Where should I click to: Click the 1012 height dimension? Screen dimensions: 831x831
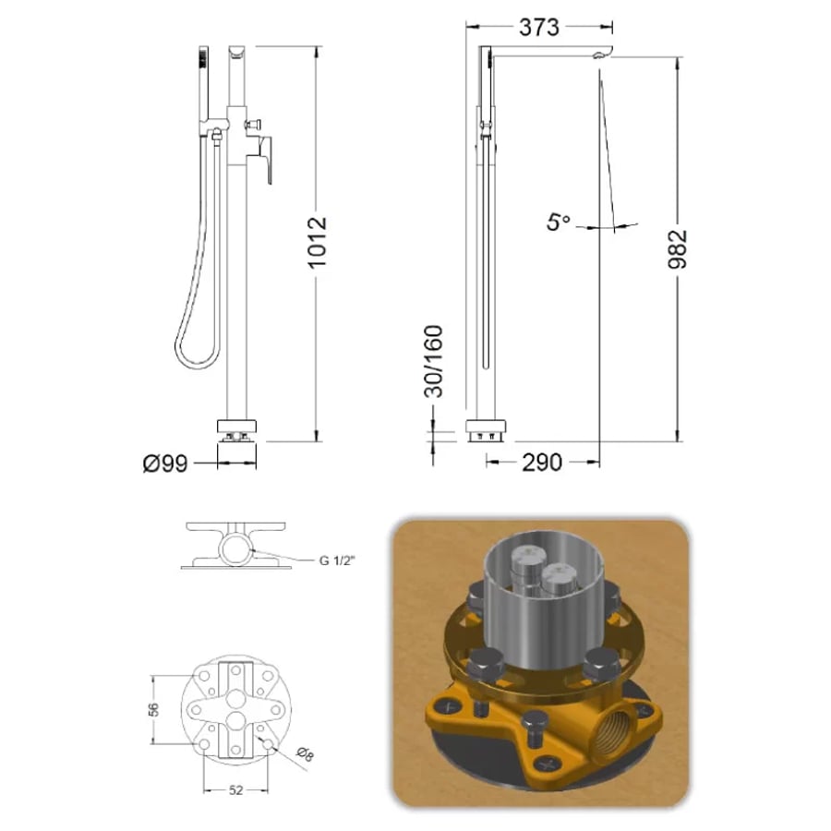click(x=318, y=242)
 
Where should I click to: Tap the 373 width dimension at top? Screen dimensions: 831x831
click(x=539, y=27)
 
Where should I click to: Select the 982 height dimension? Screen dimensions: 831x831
click(x=678, y=249)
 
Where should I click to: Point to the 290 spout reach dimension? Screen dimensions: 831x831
click(x=542, y=463)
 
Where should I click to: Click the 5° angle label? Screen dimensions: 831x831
click(x=559, y=221)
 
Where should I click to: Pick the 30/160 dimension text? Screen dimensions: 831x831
click(x=434, y=361)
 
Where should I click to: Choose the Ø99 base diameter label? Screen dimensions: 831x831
click(x=165, y=464)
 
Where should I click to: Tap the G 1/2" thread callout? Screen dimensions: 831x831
click(x=336, y=560)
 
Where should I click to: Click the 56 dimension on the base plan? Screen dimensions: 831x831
click(x=152, y=709)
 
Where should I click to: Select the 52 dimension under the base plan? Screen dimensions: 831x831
click(x=235, y=790)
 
